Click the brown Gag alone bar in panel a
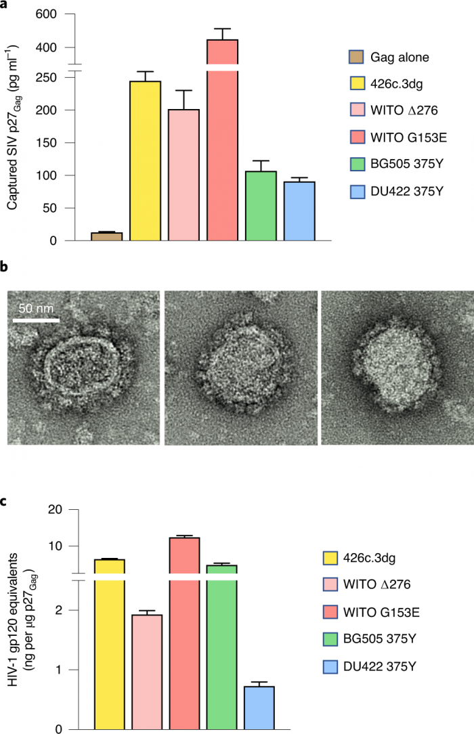click(x=107, y=236)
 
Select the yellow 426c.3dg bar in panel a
click(x=146, y=161)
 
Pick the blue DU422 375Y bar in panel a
click(x=300, y=211)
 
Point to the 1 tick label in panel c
click(x=74, y=670)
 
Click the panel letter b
click(x=5, y=268)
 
